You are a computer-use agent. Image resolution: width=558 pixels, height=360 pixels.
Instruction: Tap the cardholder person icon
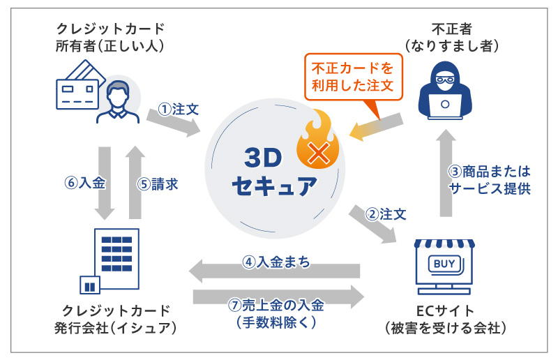118,102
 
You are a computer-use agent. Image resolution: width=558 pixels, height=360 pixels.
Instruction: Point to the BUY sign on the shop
444,264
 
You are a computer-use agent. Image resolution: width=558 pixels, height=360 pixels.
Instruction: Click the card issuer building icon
110,261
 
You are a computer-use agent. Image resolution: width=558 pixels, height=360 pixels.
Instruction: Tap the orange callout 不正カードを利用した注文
353,77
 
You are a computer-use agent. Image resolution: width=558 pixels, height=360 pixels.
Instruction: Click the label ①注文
179,110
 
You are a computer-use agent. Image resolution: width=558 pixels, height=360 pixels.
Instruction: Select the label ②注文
386,214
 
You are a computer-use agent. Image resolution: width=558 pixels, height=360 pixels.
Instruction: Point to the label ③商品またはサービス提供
490,180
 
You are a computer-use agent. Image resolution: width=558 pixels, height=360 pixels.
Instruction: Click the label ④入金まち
276,262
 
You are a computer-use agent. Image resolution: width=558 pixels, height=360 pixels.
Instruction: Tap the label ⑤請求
158,184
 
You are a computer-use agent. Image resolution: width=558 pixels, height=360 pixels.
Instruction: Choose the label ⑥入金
85,183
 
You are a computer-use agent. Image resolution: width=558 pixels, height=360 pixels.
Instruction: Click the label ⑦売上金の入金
276,305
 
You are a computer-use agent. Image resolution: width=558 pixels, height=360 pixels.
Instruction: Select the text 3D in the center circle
264,158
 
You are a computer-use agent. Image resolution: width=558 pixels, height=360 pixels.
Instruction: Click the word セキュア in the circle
274,186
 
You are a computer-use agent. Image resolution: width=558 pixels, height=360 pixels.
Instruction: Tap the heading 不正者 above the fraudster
451,29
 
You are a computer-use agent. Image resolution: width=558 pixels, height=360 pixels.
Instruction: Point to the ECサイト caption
445,311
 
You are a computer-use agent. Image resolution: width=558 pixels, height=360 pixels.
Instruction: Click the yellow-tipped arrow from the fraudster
376,126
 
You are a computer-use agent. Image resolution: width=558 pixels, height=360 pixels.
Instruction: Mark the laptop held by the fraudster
445,106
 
